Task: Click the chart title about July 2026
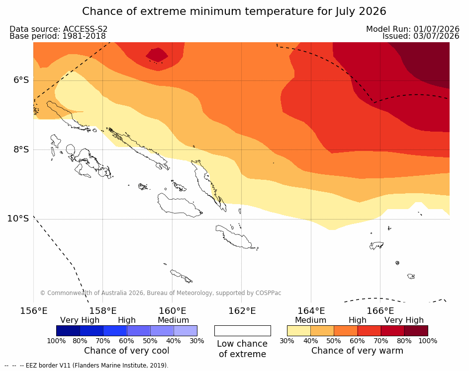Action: click(x=234, y=11)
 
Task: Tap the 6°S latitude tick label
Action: click(x=21, y=80)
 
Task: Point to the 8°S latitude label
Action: click(x=21, y=149)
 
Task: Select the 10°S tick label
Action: click(x=18, y=219)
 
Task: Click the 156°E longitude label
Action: click(x=33, y=311)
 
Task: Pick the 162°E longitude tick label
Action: click(x=242, y=311)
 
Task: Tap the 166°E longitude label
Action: click(x=380, y=311)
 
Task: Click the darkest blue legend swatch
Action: click(x=68, y=331)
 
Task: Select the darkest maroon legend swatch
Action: click(x=416, y=331)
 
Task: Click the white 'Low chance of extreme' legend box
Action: click(x=243, y=331)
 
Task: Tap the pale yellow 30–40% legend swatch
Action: click(x=299, y=331)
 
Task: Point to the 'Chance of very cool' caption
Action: click(x=126, y=351)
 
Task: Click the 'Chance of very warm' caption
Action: click(x=357, y=351)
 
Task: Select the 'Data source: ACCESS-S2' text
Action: click(x=58, y=29)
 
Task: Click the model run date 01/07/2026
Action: click(x=436, y=29)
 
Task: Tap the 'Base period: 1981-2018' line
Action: click(x=57, y=36)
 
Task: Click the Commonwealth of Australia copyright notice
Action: click(x=161, y=293)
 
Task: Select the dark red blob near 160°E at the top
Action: click(x=157, y=55)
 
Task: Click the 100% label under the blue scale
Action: click(x=56, y=341)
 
